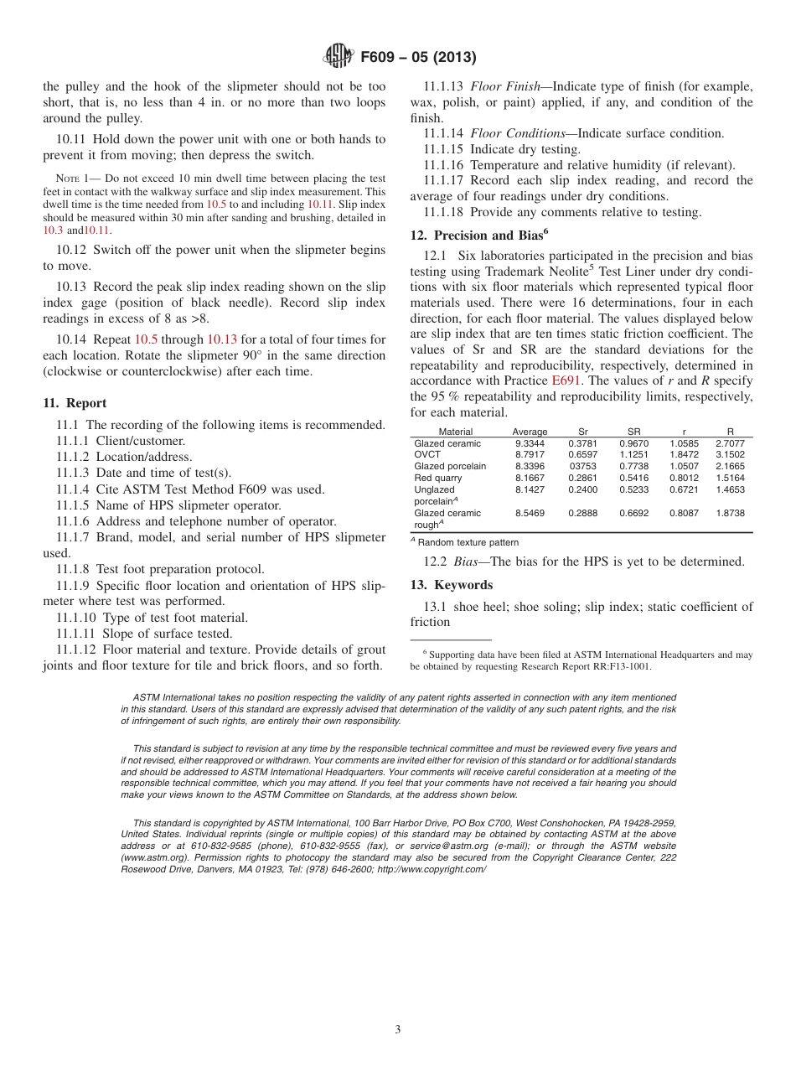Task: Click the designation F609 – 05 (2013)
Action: pos(418,58)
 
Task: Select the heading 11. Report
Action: pos(75,403)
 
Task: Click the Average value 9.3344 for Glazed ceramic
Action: pos(530,443)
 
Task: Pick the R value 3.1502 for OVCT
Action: pos(730,455)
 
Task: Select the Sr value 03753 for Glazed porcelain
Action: pos(582,467)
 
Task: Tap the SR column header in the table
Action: pos(633,432)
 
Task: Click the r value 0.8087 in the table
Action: pos(683,513)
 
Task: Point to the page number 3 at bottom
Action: pos(398,1030)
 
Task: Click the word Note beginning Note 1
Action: pos(67,179)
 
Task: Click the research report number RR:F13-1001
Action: pos(618,667)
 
